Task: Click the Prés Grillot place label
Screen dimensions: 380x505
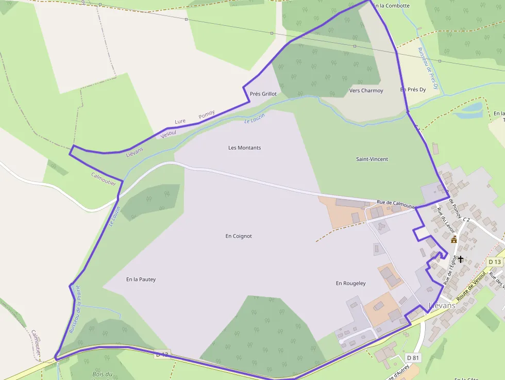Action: pos(263,94)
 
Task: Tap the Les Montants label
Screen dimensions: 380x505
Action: pos(244,148)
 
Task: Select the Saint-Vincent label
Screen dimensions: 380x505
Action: pos(372,159)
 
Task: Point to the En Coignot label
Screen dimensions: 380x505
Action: pos(239,236)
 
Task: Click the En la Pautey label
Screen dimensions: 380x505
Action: pos(141,279)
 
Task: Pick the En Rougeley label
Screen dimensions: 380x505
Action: pos(350,283)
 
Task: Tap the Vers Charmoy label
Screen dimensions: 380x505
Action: pos(366,91)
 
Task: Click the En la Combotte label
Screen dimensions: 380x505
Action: pos(391,6)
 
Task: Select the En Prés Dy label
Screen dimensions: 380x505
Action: pos(413,90)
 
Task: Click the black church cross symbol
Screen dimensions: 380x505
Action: pos(461,259)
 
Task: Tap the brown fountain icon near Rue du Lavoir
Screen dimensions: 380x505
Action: pos(454,240)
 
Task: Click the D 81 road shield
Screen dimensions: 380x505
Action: pos(413,358)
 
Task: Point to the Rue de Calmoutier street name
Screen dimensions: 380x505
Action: pos(396,203)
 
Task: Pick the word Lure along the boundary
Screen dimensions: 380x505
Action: pos(180,122)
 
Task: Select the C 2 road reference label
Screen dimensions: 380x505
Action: pos(466,220)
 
